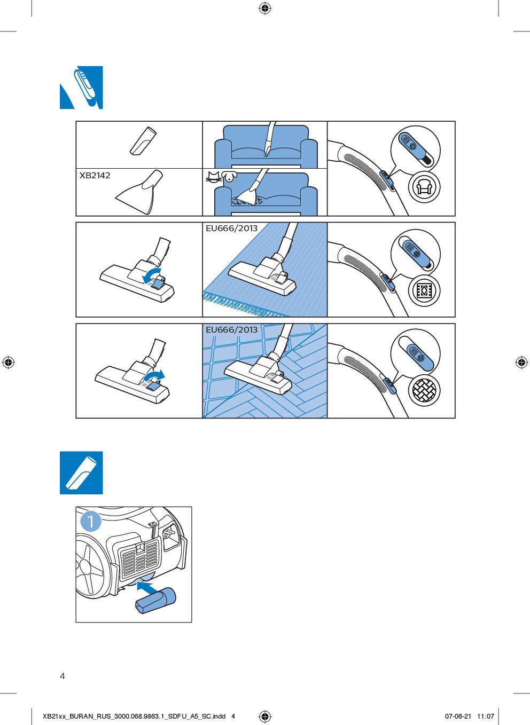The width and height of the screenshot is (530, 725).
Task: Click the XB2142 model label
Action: [95, 176]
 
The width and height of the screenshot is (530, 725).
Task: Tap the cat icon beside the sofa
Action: [213, 176]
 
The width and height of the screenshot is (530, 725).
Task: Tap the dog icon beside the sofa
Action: [229, 176]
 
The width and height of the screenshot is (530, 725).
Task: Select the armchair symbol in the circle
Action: [424, 187]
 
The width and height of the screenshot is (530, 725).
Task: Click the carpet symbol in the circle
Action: [424, 290]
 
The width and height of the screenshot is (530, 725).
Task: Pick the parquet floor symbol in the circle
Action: [424, 390]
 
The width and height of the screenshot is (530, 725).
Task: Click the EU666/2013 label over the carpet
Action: [231, 228]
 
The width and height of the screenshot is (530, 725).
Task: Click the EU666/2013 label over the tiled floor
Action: [231, 330]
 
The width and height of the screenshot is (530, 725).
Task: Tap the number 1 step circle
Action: [90, 521]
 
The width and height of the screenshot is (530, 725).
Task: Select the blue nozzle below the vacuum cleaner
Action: [155, 601]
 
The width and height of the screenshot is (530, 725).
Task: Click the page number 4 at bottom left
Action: [62, 676]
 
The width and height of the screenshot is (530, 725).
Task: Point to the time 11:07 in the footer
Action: [485, 716]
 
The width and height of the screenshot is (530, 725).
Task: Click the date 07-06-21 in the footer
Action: [458, 716]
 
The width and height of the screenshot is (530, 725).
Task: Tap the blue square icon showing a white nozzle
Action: [81, 472]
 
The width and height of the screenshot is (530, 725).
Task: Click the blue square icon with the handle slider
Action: [81, 88]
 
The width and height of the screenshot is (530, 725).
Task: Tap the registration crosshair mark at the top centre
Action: [265, 9]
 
